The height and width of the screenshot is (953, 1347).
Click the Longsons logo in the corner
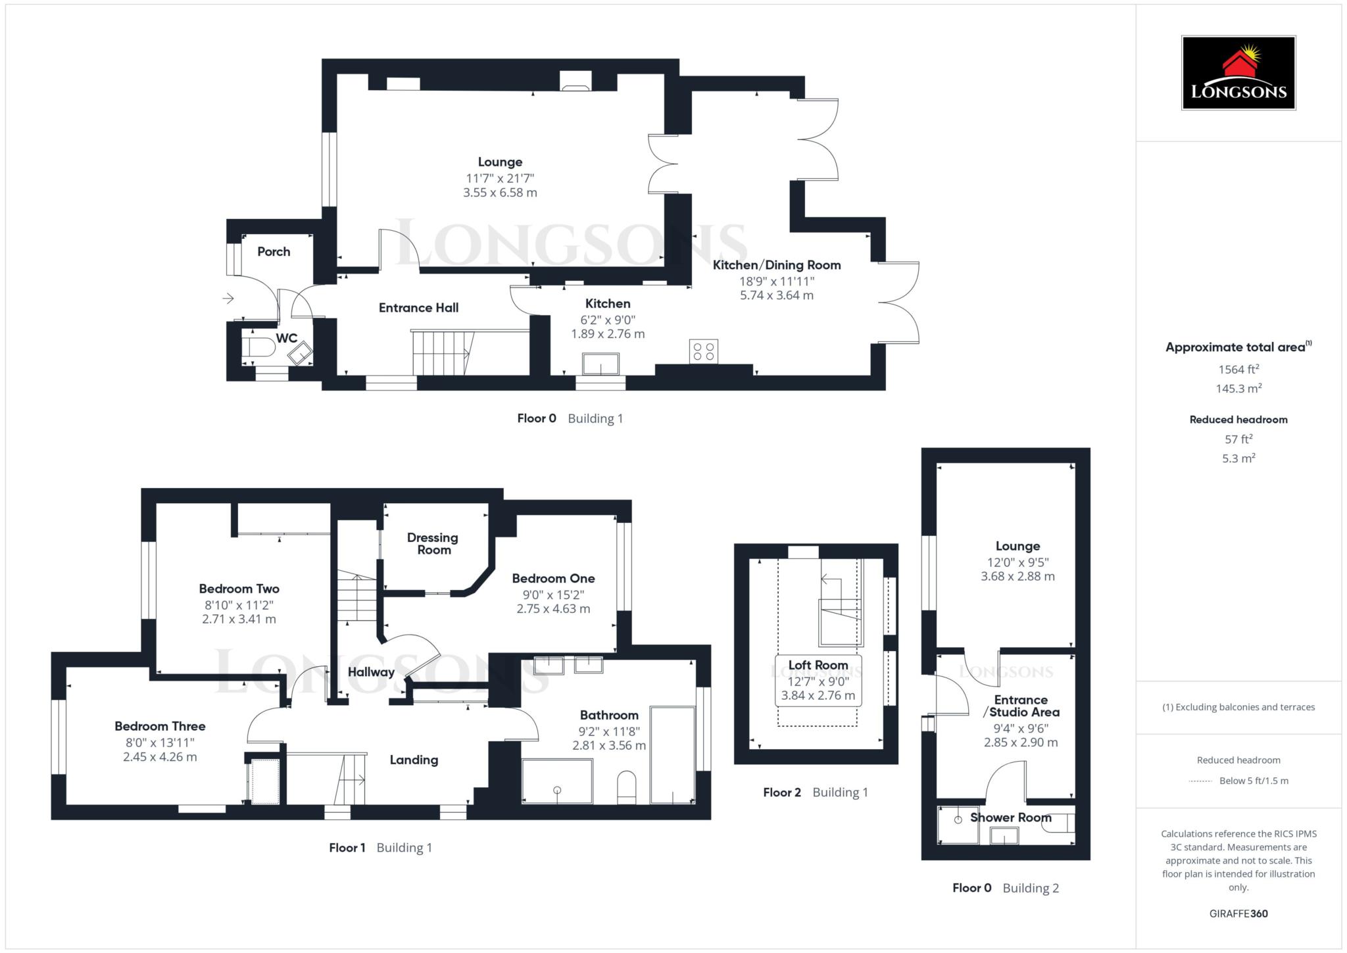coord(1238,72)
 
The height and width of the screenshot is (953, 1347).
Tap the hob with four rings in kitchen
coord(703,351)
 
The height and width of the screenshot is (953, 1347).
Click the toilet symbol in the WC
coord(260,347)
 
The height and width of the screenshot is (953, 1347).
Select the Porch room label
coord(274,251)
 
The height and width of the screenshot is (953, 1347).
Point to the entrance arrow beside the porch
coord(228,299)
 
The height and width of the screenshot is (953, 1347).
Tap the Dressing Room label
coord(433,544)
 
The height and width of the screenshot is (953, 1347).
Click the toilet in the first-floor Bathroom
coord(627,787)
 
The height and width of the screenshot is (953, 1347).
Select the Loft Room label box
coord(818,680)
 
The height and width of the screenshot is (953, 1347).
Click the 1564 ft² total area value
coord(1238,370)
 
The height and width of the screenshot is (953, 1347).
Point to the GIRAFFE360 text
coord(1238,914)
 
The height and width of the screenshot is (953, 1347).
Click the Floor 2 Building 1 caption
coord(815,793)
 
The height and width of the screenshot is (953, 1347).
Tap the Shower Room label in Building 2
coord(1010,818)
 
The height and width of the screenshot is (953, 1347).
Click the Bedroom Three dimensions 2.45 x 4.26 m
coord(160,757)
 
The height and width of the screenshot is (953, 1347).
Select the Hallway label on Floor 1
coord(371,672)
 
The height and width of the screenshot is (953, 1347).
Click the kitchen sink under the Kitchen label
coord(600,364)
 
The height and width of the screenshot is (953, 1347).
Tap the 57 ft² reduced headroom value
coord(1238,439)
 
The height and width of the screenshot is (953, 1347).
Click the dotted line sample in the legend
coord(1200,781)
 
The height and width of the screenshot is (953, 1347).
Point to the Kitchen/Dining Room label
coord(777,265)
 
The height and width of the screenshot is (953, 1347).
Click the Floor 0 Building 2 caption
coord(1005,888)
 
